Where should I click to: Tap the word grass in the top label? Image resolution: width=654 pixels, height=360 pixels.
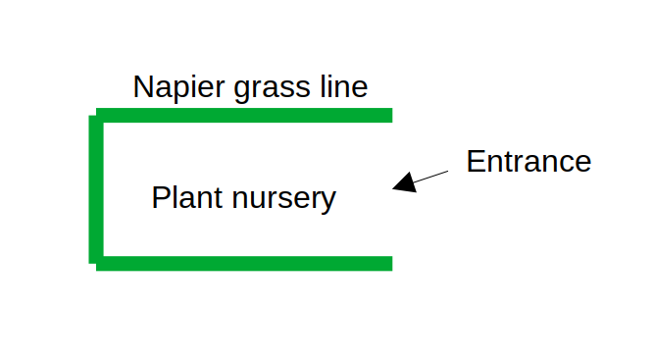(x=262, y=89)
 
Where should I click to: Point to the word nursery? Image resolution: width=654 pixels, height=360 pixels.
(x=283, y=200)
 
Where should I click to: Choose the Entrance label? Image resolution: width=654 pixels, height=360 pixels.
(x=528, y=161)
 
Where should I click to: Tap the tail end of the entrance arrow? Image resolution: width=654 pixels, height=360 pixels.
(x=447, y=171)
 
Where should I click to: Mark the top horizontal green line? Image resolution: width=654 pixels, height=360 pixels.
(x=245, y=115)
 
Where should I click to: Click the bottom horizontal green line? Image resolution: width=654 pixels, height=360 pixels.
(x=245, y=263)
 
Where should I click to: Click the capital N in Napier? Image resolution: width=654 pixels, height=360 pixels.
(x=143, y=87)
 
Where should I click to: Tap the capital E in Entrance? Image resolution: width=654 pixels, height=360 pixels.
(x=476, y=161)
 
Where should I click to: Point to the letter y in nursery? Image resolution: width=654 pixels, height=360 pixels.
(x=328, y=202)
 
